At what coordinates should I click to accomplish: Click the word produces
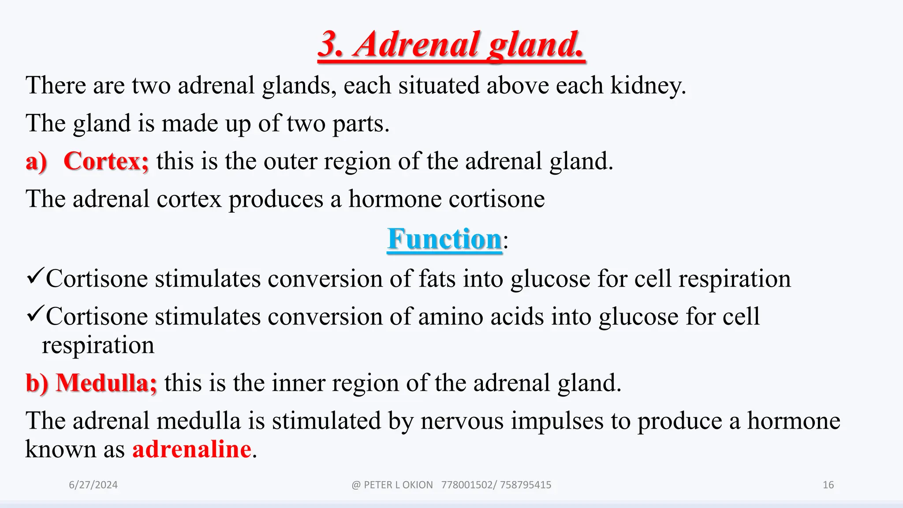(x=276, y=199)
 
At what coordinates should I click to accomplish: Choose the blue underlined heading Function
(x=444, y=239)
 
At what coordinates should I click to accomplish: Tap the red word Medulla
(x=106, y=383)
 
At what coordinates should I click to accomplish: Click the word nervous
(x=462, y=421)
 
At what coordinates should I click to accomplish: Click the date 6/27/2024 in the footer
(x=93, y=485)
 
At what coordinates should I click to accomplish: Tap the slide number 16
(x=828, y=485)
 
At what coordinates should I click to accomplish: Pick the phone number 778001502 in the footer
(x=466, y=485)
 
